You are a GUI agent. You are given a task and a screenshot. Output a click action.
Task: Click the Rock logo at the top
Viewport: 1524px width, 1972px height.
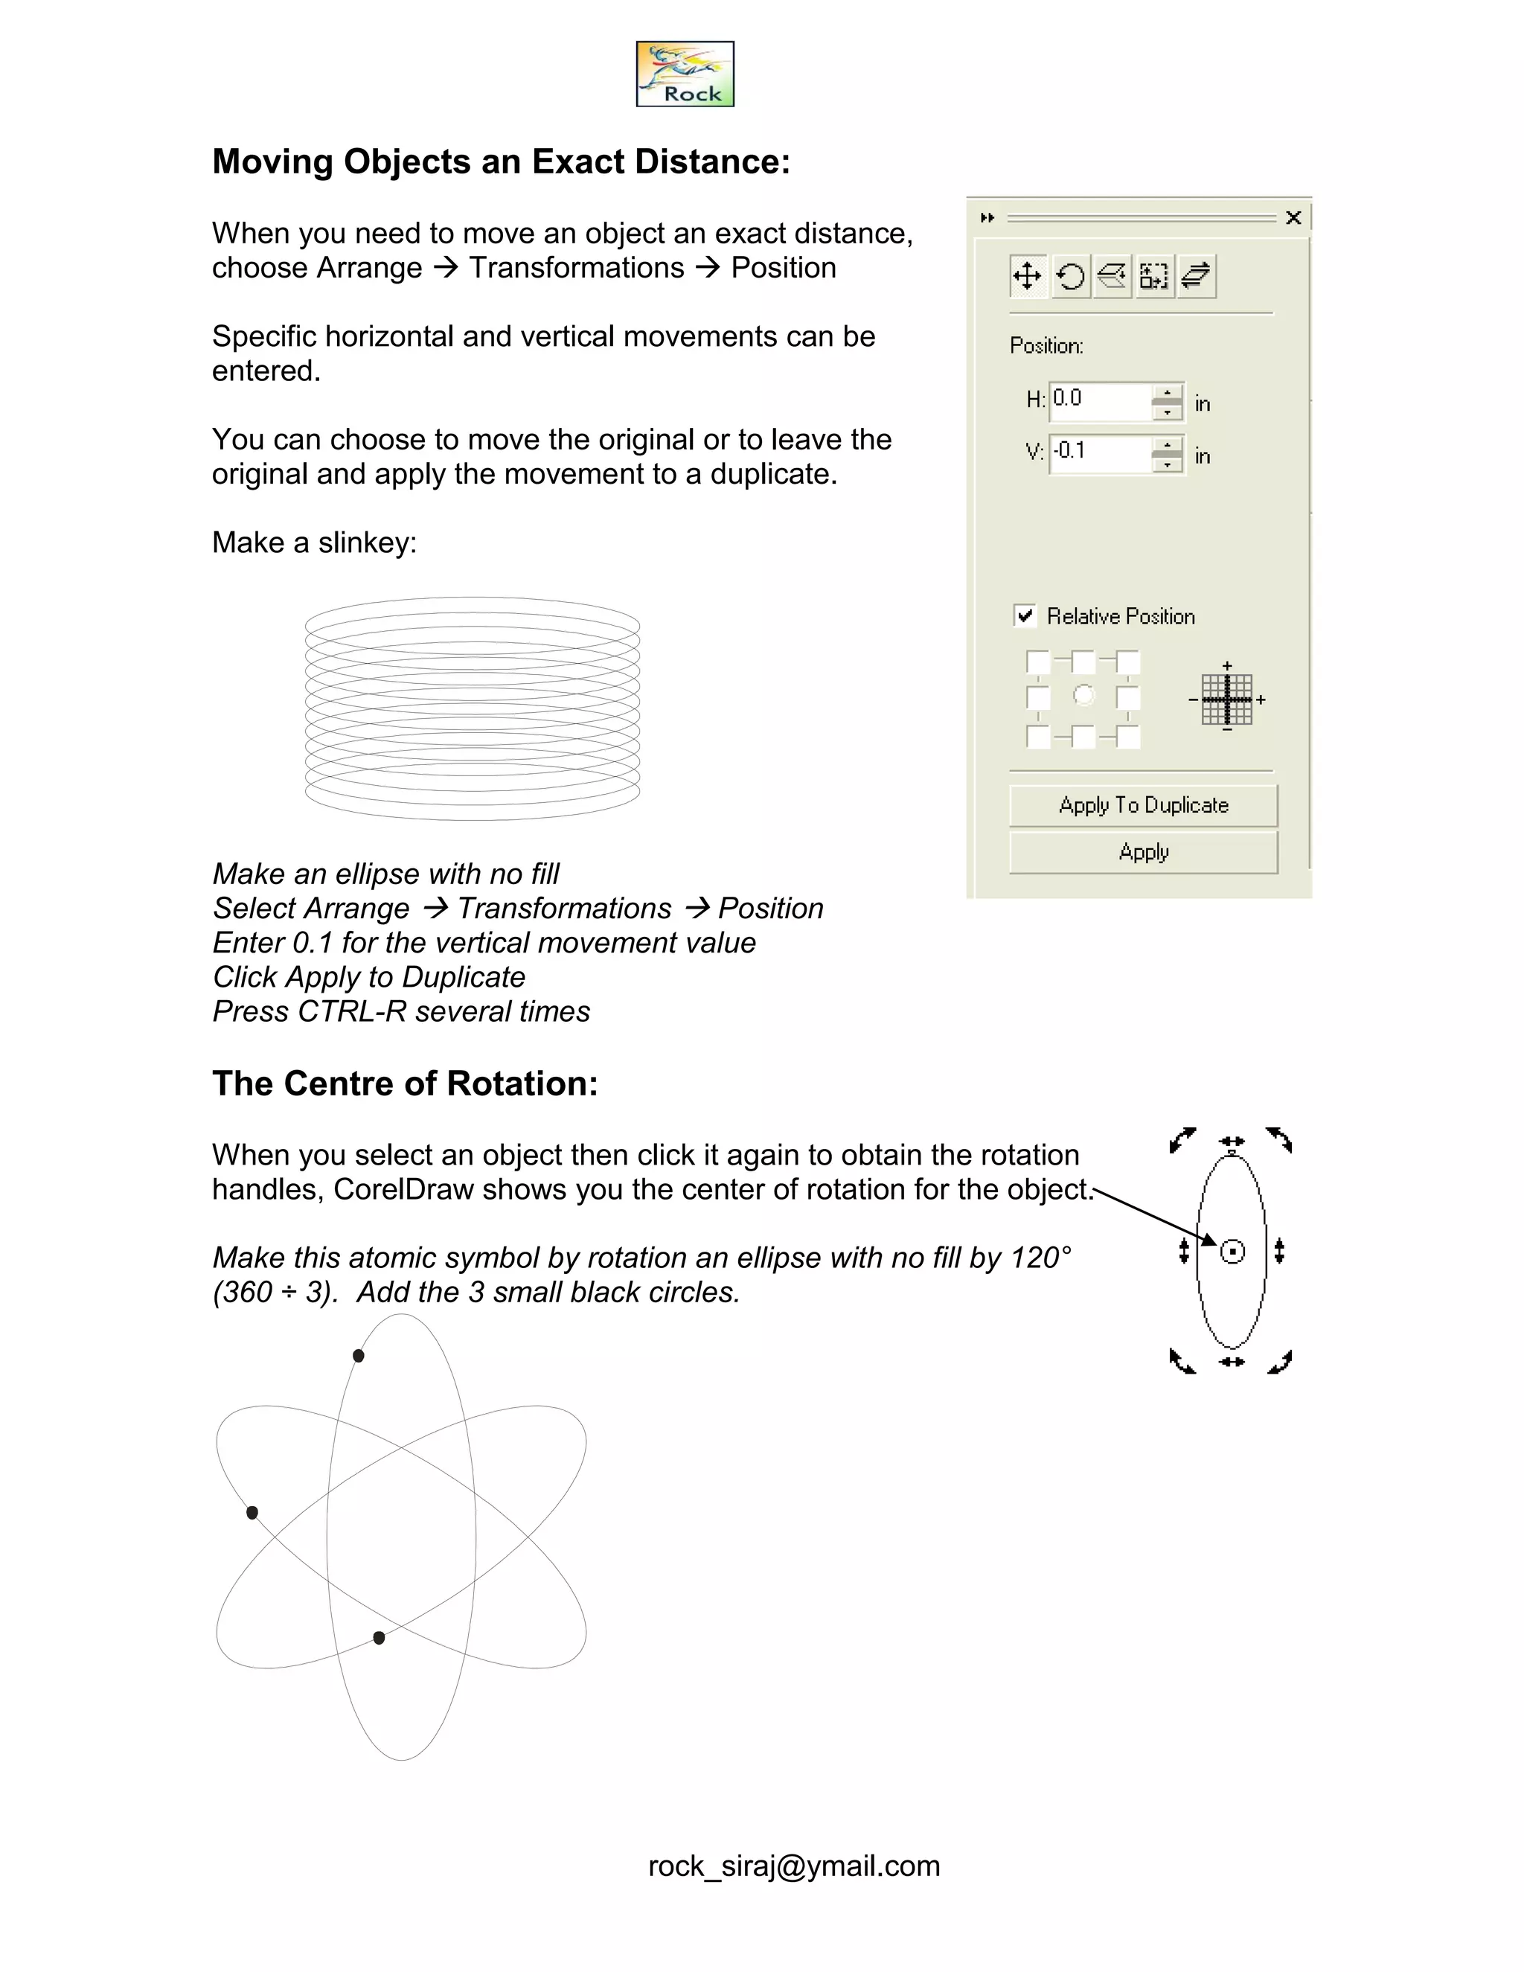click(x=685, y=74)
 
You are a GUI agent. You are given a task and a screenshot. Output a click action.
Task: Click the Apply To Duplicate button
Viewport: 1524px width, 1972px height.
click(x=1143, y=804)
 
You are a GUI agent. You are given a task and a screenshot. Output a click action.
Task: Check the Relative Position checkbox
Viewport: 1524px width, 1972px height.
click(x=1025, y=616)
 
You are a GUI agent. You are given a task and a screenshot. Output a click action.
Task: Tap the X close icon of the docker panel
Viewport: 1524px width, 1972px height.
click(x=1293, y=217)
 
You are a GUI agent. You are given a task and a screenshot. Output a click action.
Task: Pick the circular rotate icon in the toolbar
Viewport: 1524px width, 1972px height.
click(x=1071, y=275)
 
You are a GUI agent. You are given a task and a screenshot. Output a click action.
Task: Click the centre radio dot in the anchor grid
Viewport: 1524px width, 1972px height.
click(x=1083, y=695)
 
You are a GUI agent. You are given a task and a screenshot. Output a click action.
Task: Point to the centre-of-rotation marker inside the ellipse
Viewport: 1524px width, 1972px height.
click(x=1232, y=1252)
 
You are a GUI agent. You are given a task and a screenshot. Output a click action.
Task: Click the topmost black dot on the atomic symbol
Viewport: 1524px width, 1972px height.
click(x=359, y=1355)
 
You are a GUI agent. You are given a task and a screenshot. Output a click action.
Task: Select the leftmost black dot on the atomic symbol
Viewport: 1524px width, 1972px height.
click(x=252, y=1512)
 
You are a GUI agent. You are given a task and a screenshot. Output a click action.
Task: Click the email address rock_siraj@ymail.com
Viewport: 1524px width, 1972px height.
click(x=793, y=1866)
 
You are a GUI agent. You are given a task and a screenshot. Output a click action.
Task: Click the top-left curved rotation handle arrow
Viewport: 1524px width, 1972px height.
click(x=1182, y=1139)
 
